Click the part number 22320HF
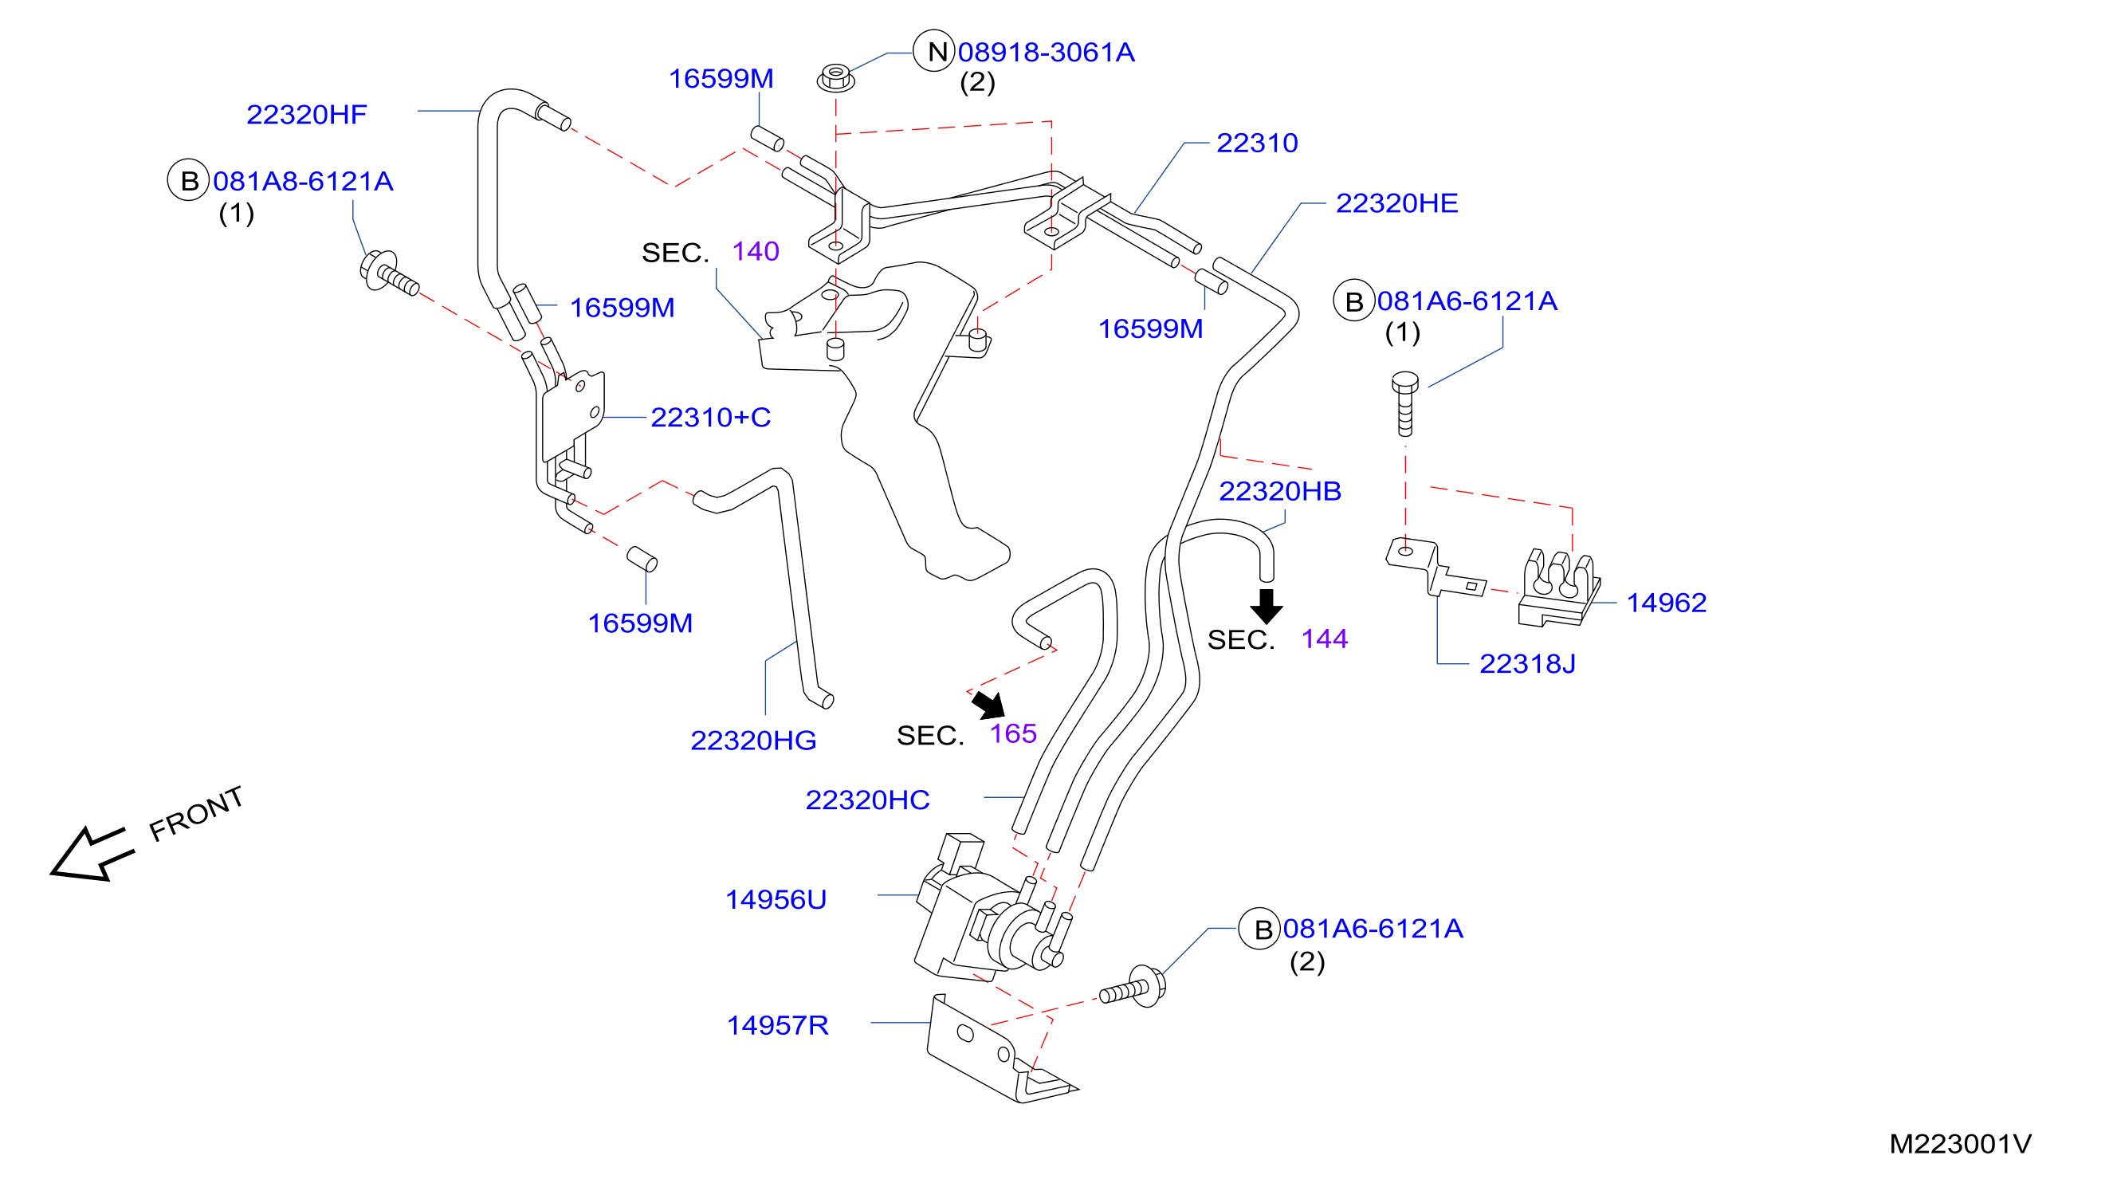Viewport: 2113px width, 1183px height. coord(307,115)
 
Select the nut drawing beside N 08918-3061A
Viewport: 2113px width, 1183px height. coord(836,78)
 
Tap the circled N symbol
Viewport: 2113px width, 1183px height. coord(935,52)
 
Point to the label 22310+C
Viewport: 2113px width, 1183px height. coord(710,418)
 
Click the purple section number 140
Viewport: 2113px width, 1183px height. coord(756,251)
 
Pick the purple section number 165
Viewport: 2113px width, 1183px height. coord(1013,733)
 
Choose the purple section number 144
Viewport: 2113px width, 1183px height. coord(1325,639)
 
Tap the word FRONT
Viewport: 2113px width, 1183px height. coord(196,814)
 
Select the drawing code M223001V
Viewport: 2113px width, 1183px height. coord(1960,1144)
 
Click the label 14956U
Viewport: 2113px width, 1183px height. coord(776,900)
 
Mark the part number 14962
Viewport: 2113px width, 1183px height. coord(1666,603)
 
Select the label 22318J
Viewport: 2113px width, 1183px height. coord(1527,664)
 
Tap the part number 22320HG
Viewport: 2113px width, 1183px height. coord(753,741)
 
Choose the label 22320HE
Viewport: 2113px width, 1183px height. coord(1397,203)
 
